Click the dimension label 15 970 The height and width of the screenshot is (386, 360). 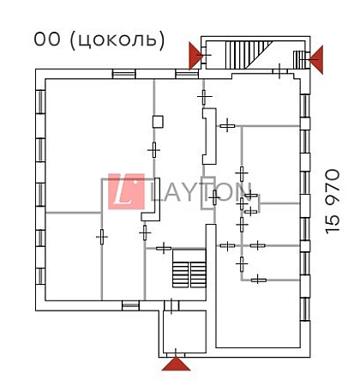(x=333, y=202)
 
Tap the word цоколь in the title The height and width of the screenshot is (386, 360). (x=117, y=39)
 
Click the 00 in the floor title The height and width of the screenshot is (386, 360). (x=47, y=39)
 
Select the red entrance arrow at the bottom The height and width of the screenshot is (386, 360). (x=176, y=364)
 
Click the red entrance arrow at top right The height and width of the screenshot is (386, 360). (x=317, y=59)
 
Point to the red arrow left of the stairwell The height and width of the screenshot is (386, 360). (x=195, y=56)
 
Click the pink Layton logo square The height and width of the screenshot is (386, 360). (x=126, y=191)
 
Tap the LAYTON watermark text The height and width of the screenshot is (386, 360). (x=201, y=192)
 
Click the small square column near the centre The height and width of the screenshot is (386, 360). (x=158, y=122)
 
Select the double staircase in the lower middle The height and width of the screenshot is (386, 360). (x=189, y=268)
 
